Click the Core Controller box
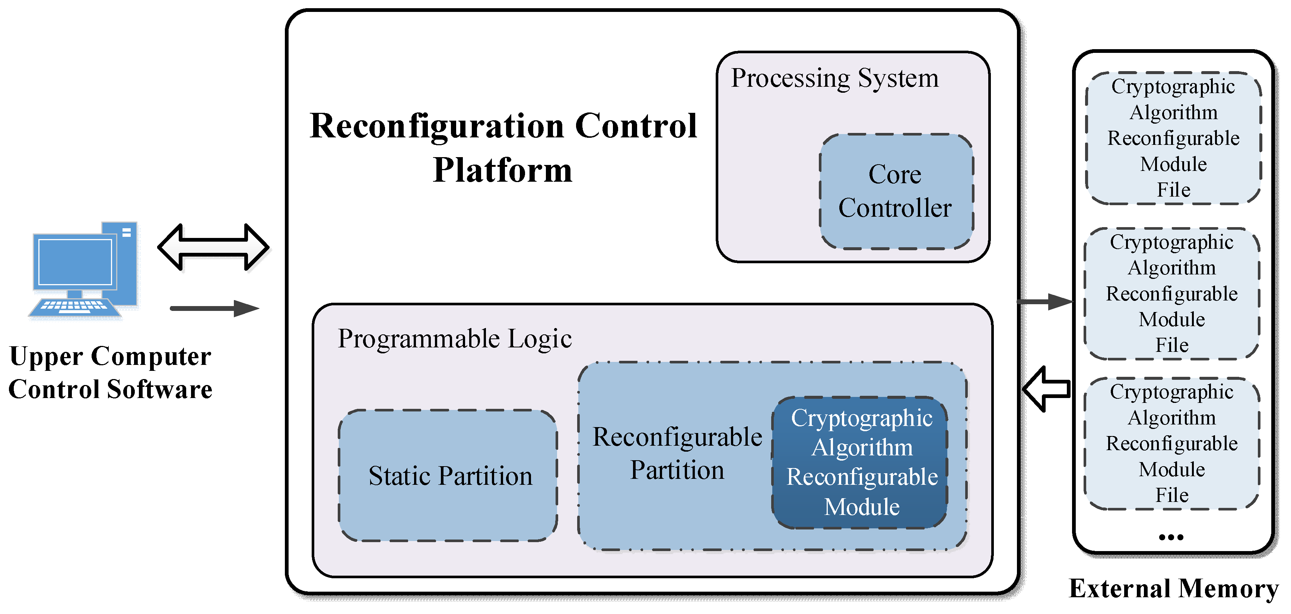click(896, 191)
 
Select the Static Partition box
click(449, 475)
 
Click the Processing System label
click(834, 79)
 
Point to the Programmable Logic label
click(455, 339)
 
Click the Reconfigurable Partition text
click(677, 453)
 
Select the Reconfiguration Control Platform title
click(503, 147)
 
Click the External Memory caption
click(1173, 588)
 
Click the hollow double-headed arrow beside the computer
click(213, 247)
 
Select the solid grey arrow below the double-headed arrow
click(214, 308)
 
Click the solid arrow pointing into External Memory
click(1045, 302)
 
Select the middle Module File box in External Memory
click(1172, 294)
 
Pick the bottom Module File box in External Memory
click(1172, 443)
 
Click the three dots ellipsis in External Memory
click(1171, 537)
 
